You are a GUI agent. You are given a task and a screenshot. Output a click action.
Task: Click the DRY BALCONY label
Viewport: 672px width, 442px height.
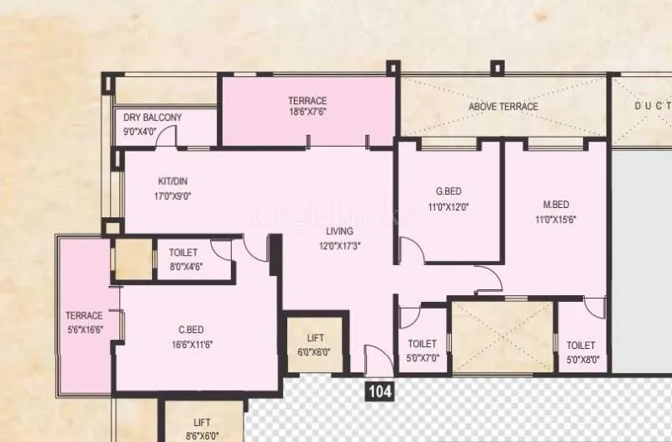[x=152, y=118]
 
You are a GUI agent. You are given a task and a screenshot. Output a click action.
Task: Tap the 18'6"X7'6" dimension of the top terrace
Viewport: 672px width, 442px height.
[x=307, y=112]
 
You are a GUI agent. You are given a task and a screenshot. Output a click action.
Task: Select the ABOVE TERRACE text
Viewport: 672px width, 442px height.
[x=504, y=107]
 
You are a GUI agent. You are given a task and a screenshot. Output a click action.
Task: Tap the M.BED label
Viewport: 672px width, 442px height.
[x=556, y=205]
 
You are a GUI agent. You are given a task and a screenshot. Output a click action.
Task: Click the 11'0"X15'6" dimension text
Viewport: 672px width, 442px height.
[x=556, y=220]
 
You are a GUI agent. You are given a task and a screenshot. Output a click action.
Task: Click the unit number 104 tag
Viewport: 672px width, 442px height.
[x=380, y=391]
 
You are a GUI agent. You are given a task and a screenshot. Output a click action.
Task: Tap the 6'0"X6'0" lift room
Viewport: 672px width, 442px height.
[x=315, y=345]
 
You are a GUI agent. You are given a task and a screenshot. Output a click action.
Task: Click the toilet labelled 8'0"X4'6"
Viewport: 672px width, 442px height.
[x=186, y=259]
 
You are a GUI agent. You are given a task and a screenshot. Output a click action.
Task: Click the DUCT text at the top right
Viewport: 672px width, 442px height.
[x=651, y=107]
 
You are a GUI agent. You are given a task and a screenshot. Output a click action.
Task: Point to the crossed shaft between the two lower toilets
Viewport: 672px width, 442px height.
[x=503, y=336]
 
